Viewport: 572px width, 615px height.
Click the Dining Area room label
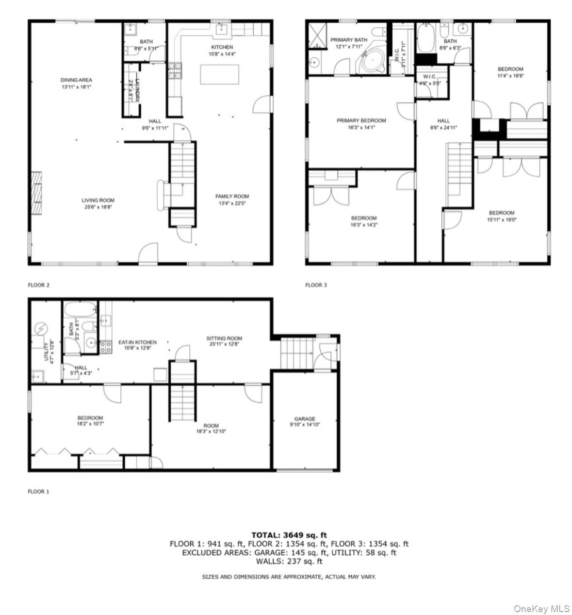[x=76, y=80]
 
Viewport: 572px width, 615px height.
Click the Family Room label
[x=232, y=197]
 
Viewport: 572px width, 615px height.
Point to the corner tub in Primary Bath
[x=372, y=61]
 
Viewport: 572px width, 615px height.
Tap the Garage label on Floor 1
[x=305, y=419]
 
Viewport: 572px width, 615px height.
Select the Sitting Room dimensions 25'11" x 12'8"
[x=224, y=344]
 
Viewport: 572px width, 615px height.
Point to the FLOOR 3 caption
[x=316, y=285]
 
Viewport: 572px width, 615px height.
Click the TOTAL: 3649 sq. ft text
[x=289, y=535]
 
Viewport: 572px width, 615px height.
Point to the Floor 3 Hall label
[x=443, y=121]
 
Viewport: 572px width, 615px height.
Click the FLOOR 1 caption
[x=38, y=492]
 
